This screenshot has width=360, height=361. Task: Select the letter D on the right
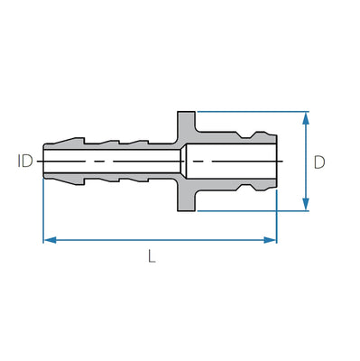tap(319, 162)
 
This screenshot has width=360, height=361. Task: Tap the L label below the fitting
tap(152, 255)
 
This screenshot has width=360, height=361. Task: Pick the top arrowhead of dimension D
tap(307, 117)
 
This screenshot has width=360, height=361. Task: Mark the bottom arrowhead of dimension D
tap(307, 207)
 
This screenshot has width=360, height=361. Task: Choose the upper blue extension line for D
tap(253, 112)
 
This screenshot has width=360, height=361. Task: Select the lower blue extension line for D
tap(253, 213)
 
